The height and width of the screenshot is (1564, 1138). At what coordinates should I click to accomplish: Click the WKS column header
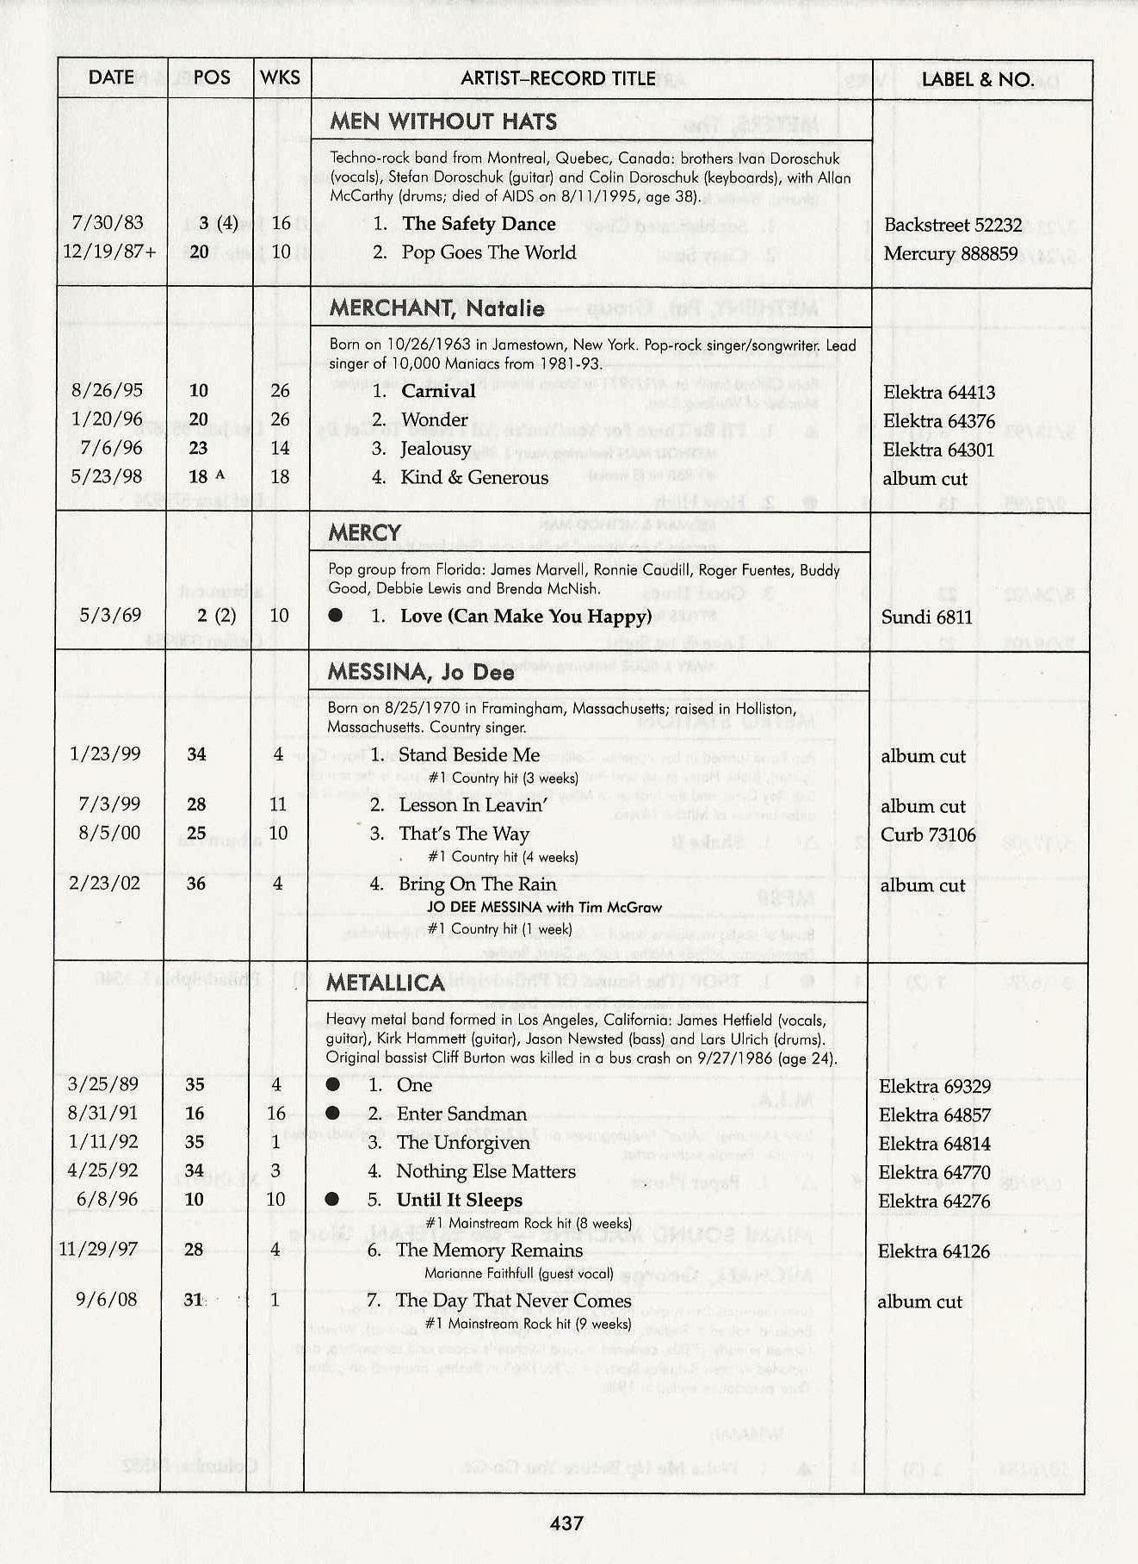[x=281, y=78]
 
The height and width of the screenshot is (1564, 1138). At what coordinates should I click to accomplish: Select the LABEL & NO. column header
[x=977, y=80]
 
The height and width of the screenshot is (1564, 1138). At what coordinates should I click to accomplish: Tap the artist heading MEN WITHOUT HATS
[x=443, y=121]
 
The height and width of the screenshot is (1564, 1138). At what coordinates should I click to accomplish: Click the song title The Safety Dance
[x=479, y=224]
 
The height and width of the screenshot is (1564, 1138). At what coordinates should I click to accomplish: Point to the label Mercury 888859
[x=950, y=254]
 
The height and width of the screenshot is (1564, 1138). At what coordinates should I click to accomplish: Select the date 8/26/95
[x=108, y=390]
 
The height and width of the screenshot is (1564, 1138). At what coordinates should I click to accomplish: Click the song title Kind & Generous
[x=474, y=477]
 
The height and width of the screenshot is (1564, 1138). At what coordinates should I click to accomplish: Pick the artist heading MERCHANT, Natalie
[x=436, y=308]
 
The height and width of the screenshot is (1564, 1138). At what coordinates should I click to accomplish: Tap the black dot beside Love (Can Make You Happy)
[x=336, y=616]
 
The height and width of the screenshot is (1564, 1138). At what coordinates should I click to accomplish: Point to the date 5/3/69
[x=110, y=615]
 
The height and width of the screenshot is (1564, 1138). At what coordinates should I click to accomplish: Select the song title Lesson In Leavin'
[x=473, y=805]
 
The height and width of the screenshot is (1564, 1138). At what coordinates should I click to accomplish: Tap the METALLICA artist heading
[x=386, y=983]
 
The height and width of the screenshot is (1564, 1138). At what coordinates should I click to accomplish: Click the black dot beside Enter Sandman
[x=332, y=1114]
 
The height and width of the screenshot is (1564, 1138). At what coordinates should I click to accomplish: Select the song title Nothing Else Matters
[x=486, y=1171]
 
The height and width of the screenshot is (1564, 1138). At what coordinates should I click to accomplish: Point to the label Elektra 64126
[x=933, y=1251]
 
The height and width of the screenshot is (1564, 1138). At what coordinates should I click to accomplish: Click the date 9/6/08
[x=107, y=1300]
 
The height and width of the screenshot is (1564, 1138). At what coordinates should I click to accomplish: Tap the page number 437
[x=567, y=1523]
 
